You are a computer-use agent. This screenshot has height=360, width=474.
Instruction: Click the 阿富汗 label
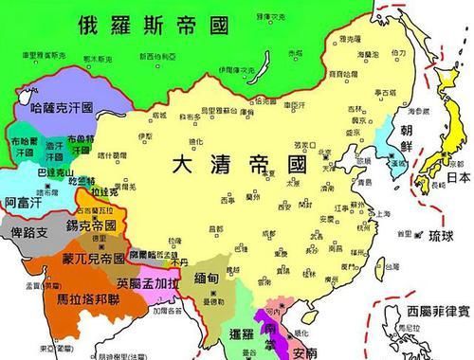pos(23,203)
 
